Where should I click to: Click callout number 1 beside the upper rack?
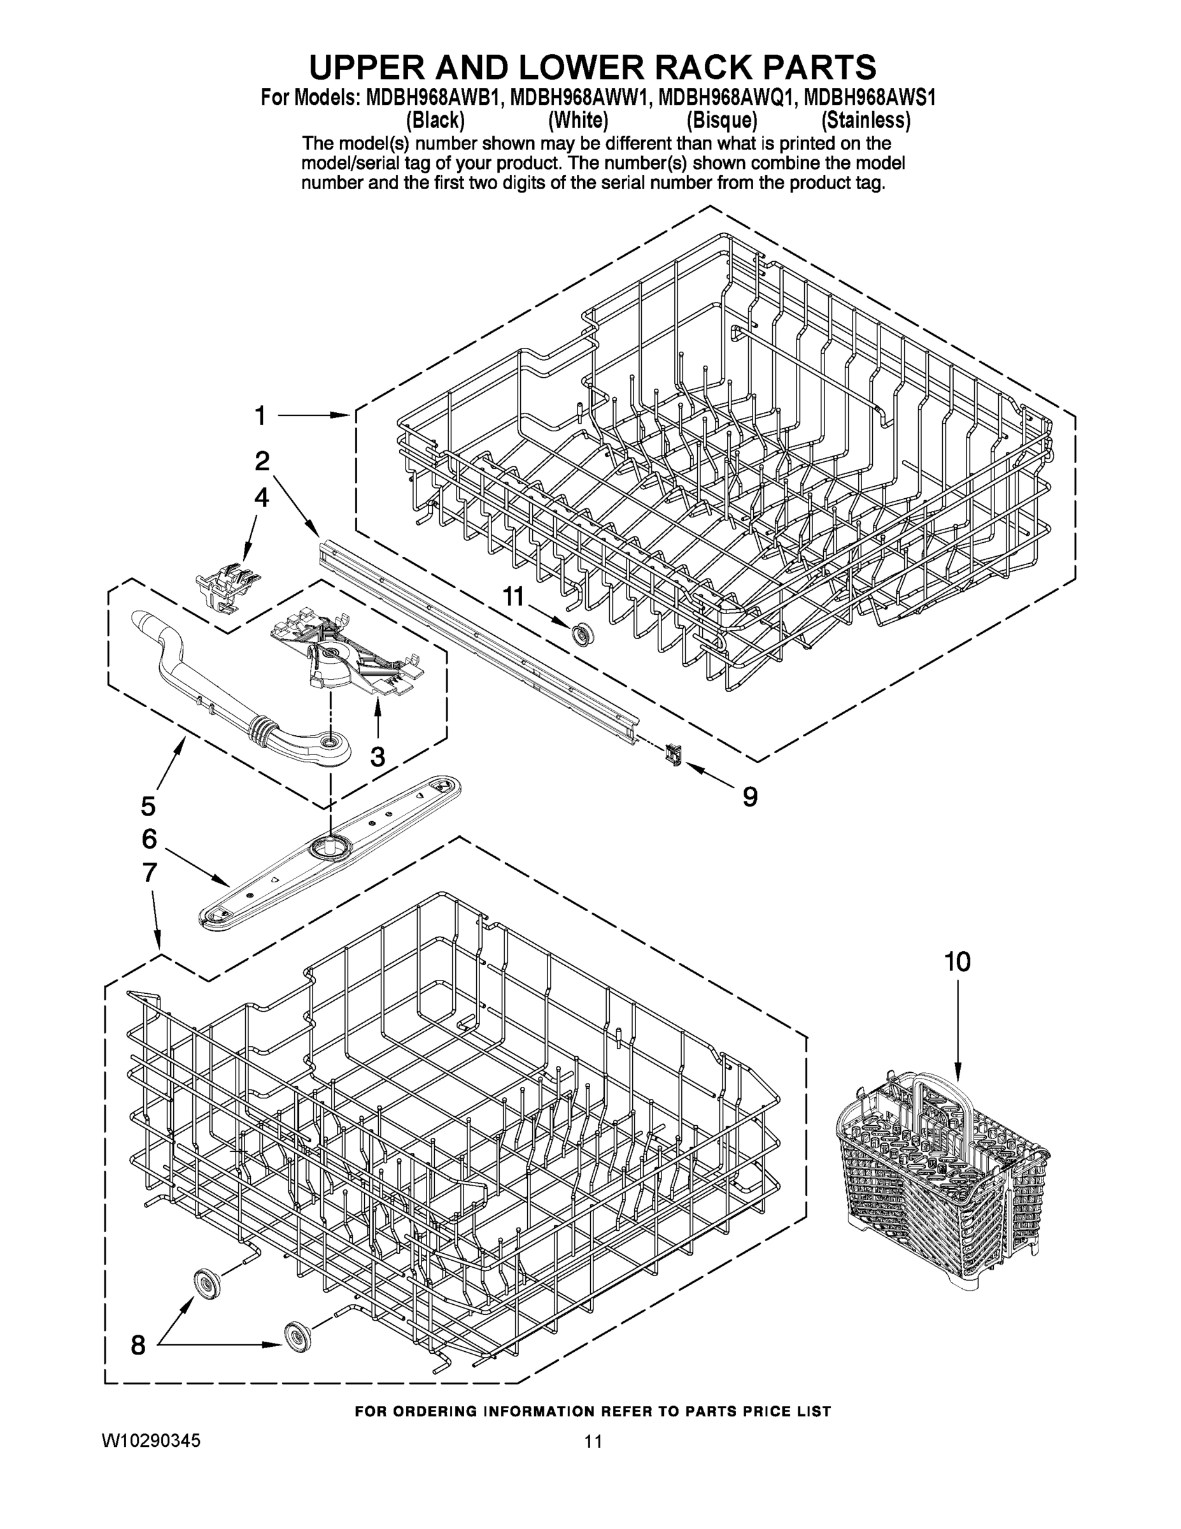coord(260,416)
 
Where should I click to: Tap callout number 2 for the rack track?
coord(262,461)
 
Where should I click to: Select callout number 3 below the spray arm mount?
coord(378,756)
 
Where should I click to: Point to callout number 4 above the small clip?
coord(261,498)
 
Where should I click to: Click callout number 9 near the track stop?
coord(749,796)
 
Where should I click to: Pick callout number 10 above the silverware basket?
coord(957,962)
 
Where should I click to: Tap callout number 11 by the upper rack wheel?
coord(513,596)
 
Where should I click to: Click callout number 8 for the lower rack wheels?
coord(139,1359)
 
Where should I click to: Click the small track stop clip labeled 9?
coord(674,756)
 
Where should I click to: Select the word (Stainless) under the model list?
coord(865,120)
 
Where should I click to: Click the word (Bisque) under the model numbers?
coord(722,120)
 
